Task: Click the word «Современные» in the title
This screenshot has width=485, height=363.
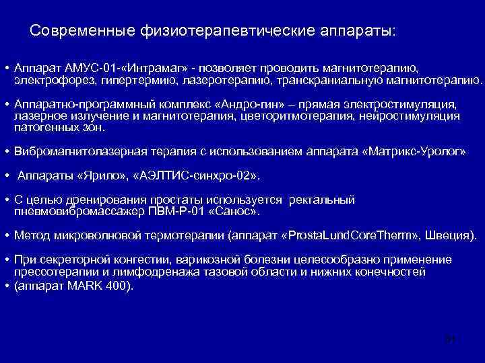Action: (x=81, y=32)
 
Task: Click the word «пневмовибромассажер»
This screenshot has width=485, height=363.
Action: (x=75, y=211)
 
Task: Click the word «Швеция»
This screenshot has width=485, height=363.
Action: (x=453, y=236)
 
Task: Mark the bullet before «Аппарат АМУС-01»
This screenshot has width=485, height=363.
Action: (x=5, y=69)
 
